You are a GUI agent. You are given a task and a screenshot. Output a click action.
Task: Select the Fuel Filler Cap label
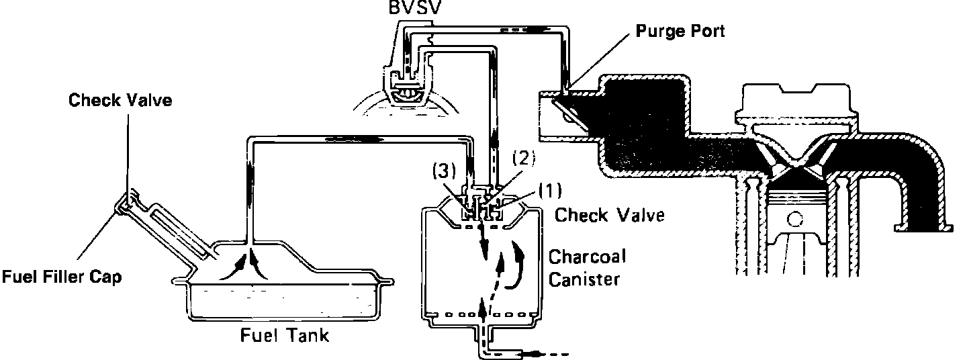(x=61, y=276)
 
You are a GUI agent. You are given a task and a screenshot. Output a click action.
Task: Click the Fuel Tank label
(x=285, y=335)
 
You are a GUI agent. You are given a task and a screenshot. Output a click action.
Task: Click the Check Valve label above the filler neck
(x=120, y=101)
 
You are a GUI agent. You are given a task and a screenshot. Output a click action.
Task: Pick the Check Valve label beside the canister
(x=609, y=215)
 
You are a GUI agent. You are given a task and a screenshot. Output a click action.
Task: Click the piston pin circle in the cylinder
(x=796, y=220)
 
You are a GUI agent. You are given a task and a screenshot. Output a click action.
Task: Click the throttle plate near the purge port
(x=569, y=114)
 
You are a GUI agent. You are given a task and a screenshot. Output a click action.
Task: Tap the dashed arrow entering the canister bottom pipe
(x=551, y=352)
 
